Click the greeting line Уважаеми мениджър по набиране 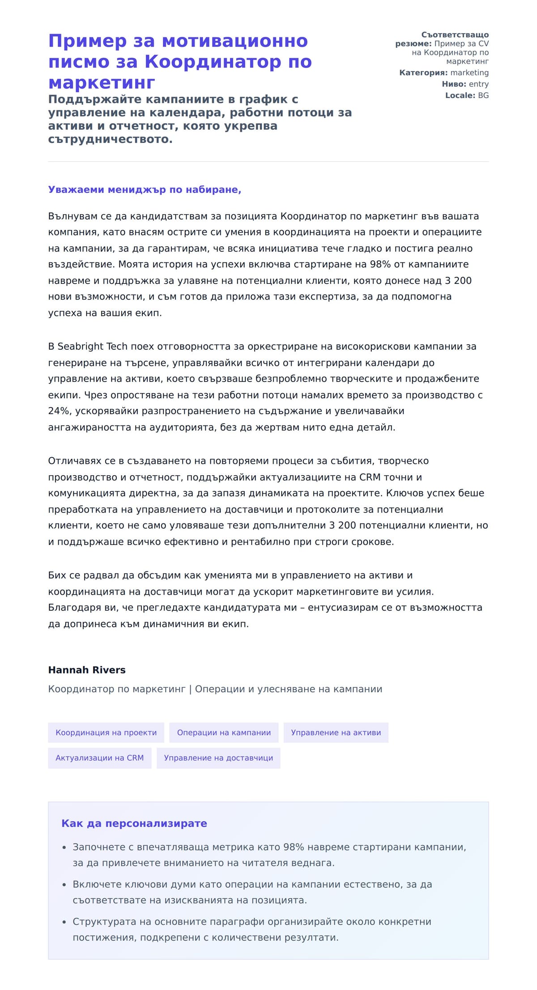tap(145, 189)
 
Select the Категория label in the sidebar tap(423, 73)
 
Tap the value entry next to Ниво tap(478, 84)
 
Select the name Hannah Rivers tap(87, 670)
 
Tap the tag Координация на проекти tap(106, 733)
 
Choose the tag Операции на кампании tap(224, 733)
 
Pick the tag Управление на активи tap(336, 733)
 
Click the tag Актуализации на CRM tap(99, 758)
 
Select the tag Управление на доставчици tap(218, 758)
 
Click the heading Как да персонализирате tap(134, 823)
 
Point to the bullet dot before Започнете tap(64, 848)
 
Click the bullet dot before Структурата tap(64, 922)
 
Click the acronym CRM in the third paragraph tap(370, 477)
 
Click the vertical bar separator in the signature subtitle tap(190, 689)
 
